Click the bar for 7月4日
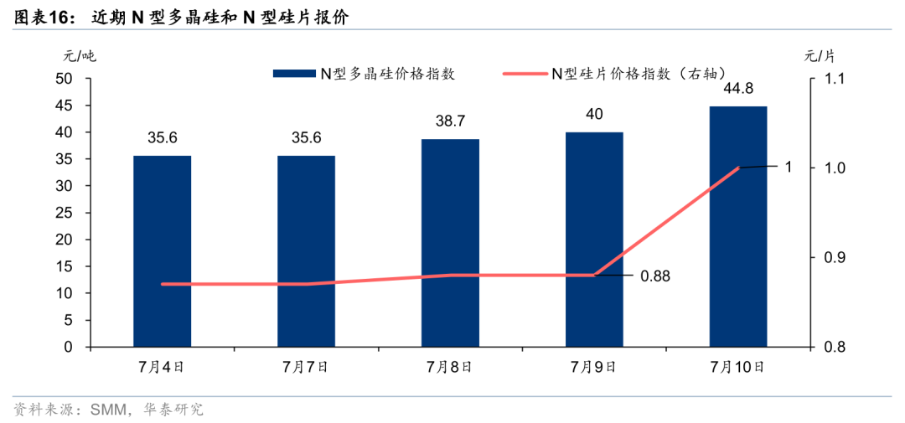[x=163, y=251]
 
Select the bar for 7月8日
[x=450, y=243]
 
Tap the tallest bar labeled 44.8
[x=738, y=226]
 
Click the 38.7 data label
[x=450, y=121]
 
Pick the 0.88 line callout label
[x=654, y=275]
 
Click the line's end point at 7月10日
[x=738, y=168]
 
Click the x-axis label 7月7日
[x=306, y=366]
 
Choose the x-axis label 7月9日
[x=594, y=366]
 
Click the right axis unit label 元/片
[x=820, y=56]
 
